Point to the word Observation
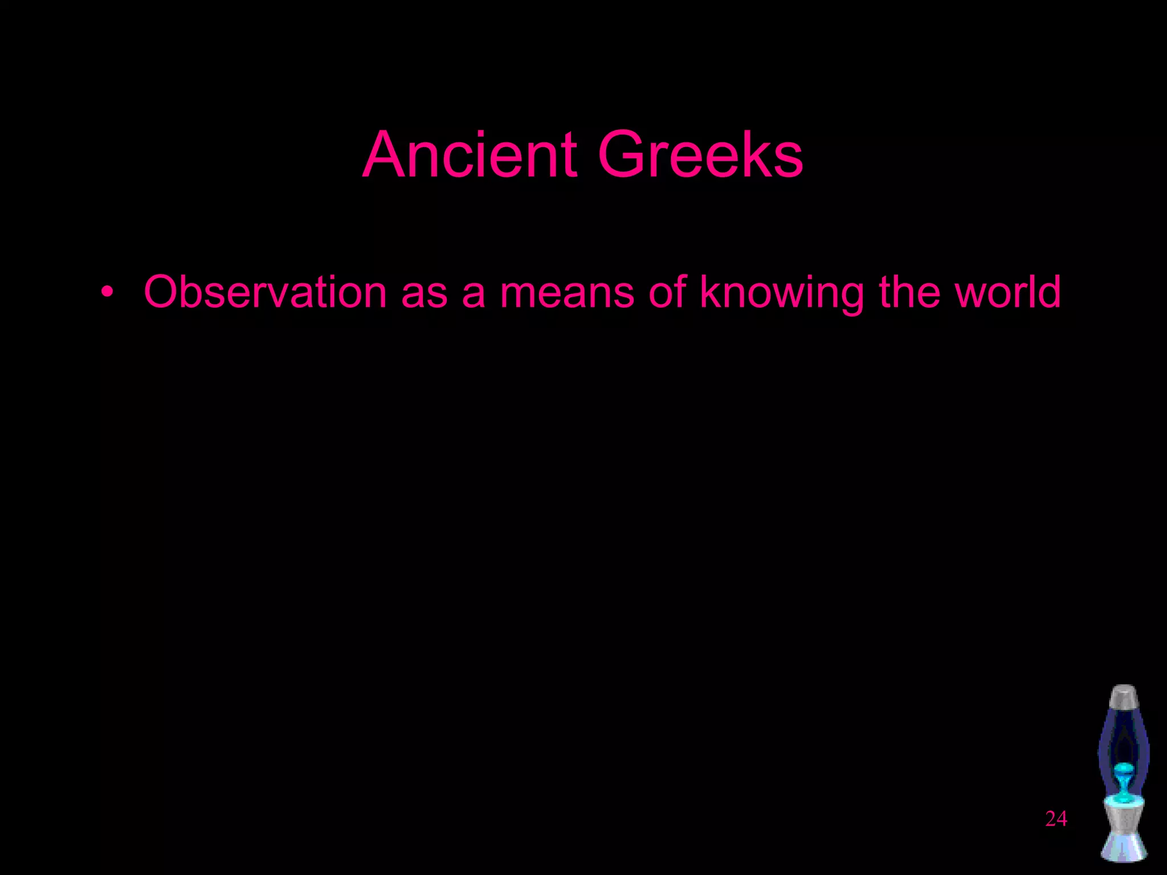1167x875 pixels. pyautogui.click(x=266, y=292)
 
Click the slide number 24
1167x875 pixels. pyautogui.click(x=1056, y=819)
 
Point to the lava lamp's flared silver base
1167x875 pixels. pyautogui.click(x=1124, y=843)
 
